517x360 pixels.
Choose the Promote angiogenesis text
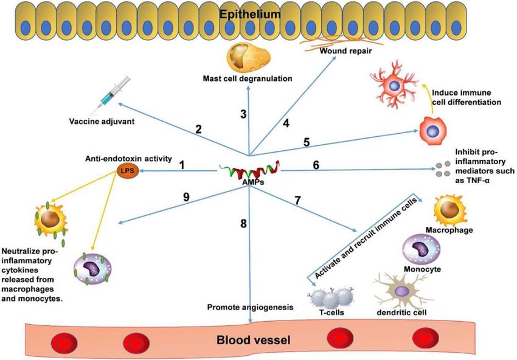coord(250,307)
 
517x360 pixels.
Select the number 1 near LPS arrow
coord(182,164)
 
